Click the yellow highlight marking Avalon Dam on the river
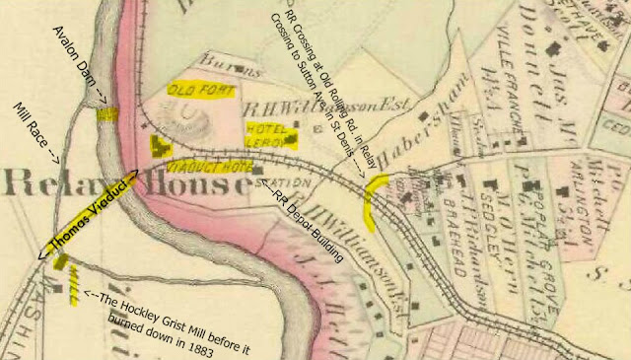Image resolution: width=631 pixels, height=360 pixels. pyautogui.click(x=105, y=112)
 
